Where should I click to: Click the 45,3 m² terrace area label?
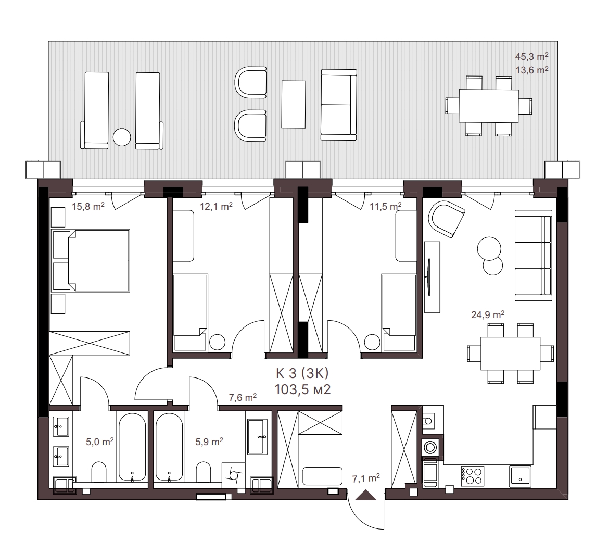[531, 56]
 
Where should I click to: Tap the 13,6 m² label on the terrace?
[531, 70]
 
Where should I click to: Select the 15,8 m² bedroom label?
[88, 206]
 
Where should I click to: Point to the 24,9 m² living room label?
[487, 314]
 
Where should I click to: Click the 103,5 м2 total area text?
[302, 389]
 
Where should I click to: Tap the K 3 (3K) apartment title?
[302, 373]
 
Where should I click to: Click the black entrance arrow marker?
[365, 495]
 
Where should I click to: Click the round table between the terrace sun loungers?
[122, 137]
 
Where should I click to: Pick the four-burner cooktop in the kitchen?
[473, 476]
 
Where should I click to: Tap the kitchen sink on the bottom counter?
[521, 476]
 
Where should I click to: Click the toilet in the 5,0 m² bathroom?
[99, 472]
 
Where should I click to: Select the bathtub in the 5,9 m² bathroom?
[169, 447]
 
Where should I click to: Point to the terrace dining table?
[489, 106]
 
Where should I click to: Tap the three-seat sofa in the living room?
[533, 255]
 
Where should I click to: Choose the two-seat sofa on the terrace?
[339, 105]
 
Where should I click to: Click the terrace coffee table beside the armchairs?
[294, 104]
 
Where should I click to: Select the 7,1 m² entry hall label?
[366, 478]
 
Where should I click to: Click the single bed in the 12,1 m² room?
[191, 313]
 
